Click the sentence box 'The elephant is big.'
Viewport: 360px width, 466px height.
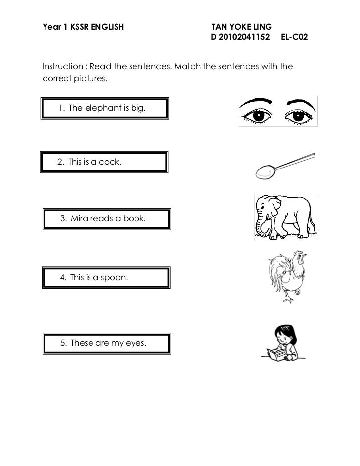point(104,108)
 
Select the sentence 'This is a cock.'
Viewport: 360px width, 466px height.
point(103,162)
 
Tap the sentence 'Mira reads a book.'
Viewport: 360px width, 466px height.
point(107,218)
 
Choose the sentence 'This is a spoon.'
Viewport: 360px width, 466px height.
point(107,278)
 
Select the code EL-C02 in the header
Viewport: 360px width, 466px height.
point(294,37)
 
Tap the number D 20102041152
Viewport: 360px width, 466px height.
point(240,37)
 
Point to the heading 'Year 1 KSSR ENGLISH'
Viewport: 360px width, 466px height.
point(83,26)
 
